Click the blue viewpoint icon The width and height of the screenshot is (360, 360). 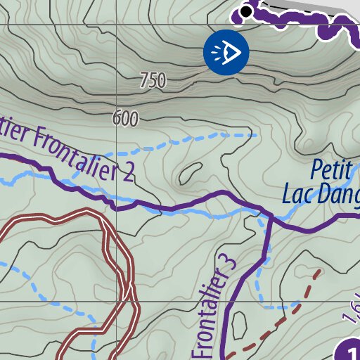click(x=226, y=51)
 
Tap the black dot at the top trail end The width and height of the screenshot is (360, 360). click(x=246, y=11)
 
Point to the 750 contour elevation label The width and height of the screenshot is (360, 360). click(x=153, y=81)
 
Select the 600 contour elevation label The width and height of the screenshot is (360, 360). click(x=125, y=119)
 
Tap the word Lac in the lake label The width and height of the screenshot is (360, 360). click(x=300, y=193)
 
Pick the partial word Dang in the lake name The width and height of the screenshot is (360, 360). click(x=340, y=195)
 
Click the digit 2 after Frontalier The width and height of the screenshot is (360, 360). click(x=126, y=172)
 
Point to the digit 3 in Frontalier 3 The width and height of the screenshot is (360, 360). click(x=227, y=265)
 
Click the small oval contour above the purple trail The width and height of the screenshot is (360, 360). click(x=188, y=172)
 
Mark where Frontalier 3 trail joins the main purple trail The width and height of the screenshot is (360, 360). click(x=269, y=212)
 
